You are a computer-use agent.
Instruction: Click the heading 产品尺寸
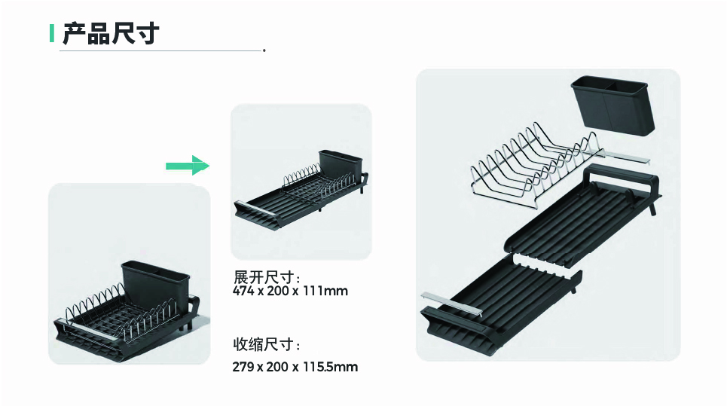coord(111,33)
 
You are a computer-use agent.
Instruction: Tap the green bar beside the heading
coord(52,33)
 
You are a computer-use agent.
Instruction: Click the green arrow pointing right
coord(188,166)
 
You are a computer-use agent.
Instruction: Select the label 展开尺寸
coord(264,277)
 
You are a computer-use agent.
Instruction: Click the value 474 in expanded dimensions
coord(243,291)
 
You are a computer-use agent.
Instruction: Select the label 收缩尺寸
coord(264,344)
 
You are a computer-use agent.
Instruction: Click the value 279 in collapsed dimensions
coord(243,367)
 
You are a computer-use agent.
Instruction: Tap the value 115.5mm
coord(330,367)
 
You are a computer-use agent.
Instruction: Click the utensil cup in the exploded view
coord(612,105)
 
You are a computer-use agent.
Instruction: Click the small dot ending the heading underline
coord(264,50)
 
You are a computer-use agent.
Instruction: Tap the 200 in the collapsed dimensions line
coord(277,367)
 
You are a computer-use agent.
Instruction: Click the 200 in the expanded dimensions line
coord(277,291)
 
